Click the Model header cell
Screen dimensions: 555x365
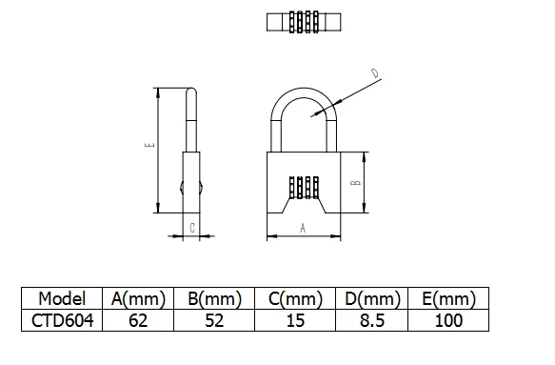pos(62,298)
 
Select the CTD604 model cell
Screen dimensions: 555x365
pos(62,320)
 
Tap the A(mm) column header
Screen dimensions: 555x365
pos(138,298)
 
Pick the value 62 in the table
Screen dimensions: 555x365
pos(138,320)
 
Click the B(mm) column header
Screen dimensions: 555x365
pos(214,298)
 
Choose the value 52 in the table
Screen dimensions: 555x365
pos(214,320)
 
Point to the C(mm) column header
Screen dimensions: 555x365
pos(295,298)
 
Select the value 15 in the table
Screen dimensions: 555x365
pos(295,320)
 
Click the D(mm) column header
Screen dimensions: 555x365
pos(372,298)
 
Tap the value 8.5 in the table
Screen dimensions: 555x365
pos(372,320)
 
